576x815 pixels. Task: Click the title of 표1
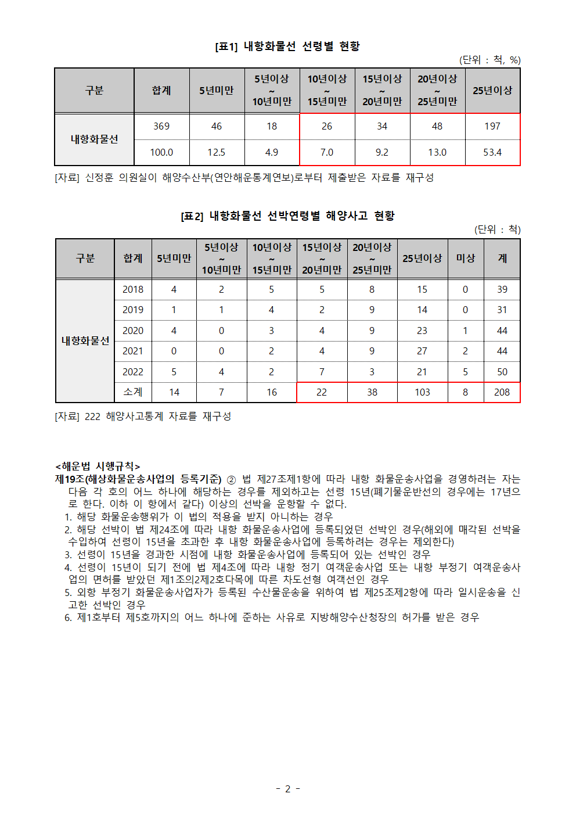(287, 46)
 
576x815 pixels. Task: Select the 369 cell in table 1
(161, 126)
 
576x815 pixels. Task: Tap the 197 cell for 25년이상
(492, 126)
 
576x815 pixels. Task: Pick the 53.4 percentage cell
(492, 152)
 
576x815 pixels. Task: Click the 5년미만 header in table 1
(217, 91)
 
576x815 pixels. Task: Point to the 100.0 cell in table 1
(161, 152)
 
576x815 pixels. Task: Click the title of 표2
(287, 216)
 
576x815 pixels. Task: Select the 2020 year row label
(133, 331)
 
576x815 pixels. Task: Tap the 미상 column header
(465, 258)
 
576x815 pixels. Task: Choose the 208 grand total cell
(502, 392)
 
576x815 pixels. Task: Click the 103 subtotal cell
(422, 392)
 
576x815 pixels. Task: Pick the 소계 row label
(133, 392)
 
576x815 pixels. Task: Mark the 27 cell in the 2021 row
(422, 351)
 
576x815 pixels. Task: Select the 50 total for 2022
(502, 372)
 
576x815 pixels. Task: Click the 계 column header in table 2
(502, 258)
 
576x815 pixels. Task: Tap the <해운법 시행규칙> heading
(98, 466)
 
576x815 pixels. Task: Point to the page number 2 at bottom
(287, 789)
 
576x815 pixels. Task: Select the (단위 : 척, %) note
(489, 60)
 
